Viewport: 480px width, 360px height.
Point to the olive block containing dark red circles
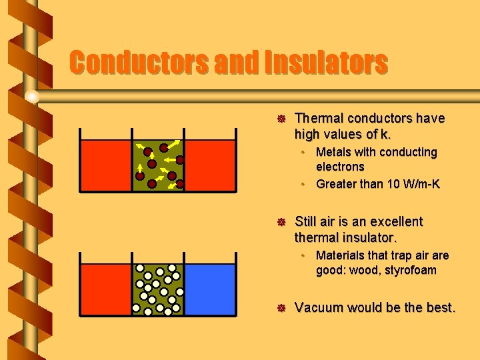click(x=159, y=165)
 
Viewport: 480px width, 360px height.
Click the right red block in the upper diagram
click(x=210, y=165)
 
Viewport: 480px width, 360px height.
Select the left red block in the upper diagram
click(x=106, y=165)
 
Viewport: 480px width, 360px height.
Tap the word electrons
click(x=340, y=167)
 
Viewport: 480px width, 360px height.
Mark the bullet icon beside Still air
click(x=281, y=222)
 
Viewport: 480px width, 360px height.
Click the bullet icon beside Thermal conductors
click(x=281, y=119)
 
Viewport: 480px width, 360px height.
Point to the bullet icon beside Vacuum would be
click(x=281, y=308)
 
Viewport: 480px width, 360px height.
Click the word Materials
click(x=341, y=255)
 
